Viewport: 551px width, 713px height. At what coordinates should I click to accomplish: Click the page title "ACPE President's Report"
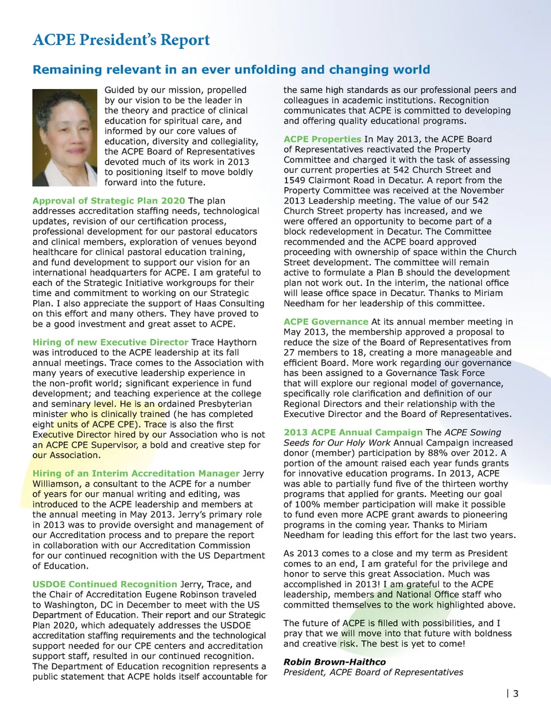point(121,40)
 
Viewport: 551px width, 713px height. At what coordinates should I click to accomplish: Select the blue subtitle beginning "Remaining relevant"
point(231,70)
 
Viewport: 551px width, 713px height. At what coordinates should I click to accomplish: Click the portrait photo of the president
point(65,137)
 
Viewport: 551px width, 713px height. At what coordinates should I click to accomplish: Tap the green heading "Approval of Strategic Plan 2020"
point(108,201)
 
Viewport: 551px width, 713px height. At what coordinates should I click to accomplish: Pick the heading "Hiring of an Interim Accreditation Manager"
point(135,474)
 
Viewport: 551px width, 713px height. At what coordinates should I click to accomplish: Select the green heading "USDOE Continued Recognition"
point(104,584)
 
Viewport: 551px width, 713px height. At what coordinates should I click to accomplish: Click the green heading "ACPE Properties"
point(322,139)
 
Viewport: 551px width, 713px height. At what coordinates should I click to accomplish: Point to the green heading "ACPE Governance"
point(325,322)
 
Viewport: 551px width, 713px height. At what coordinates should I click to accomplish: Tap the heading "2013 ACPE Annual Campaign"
point(352,432)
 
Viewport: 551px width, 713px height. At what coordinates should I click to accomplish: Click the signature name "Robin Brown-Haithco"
point(334,662)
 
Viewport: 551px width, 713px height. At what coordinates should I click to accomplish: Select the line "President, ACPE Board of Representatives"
point(373,672)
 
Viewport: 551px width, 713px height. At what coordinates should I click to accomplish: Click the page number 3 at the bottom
point(515,693)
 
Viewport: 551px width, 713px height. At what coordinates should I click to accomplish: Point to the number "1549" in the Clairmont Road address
point(295,180)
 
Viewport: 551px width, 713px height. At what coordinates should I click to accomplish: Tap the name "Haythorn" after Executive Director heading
point(236,342)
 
